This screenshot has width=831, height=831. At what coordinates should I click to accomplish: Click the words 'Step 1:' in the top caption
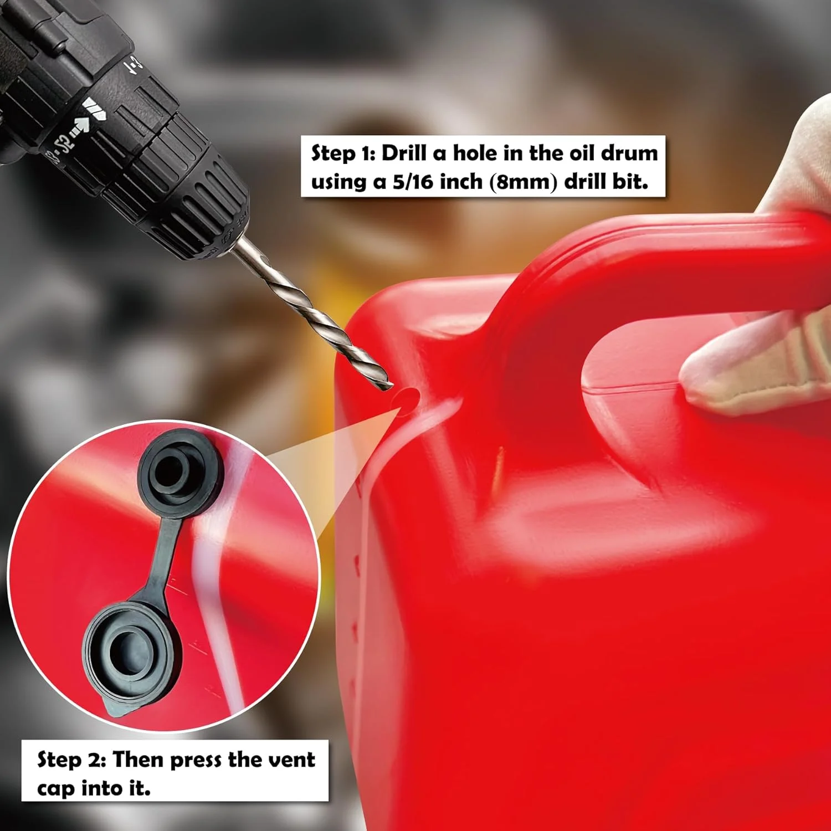pos(343,153)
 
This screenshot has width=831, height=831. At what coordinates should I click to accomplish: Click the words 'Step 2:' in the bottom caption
pos(71,759)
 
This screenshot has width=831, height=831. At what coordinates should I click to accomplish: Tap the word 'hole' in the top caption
pos(476,153)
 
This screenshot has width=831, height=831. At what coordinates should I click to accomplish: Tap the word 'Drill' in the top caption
pos(407,153)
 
